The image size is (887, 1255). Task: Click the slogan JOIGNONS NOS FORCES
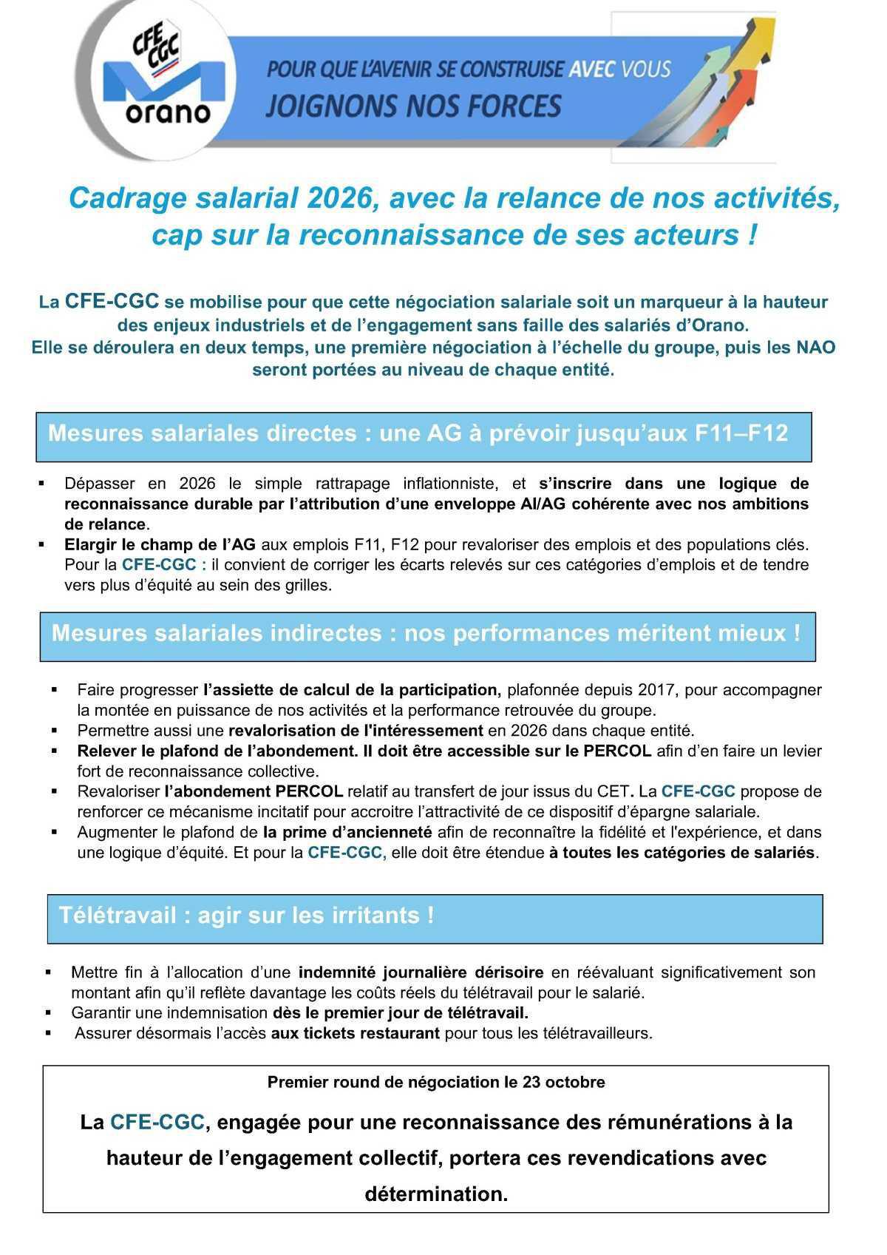(413, 106)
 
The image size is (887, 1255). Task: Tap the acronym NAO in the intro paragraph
(816, 347)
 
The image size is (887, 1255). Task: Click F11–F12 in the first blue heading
(741, 433)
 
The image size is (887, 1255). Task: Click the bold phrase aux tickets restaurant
(355, 1033)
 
